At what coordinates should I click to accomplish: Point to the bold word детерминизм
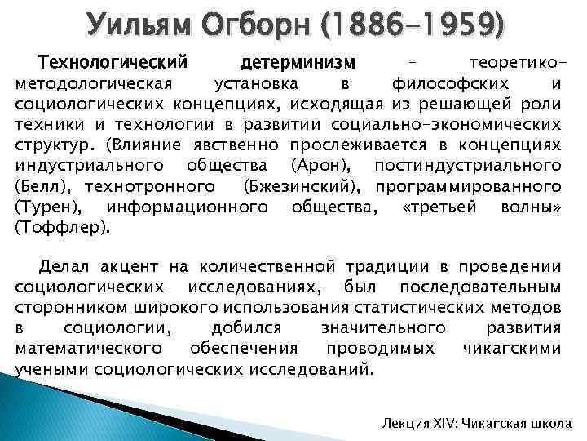[299, 63]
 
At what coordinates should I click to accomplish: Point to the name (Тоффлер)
[61, 228]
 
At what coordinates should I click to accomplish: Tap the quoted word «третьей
[439, 207]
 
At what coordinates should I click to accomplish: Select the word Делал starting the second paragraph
[66, 266]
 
